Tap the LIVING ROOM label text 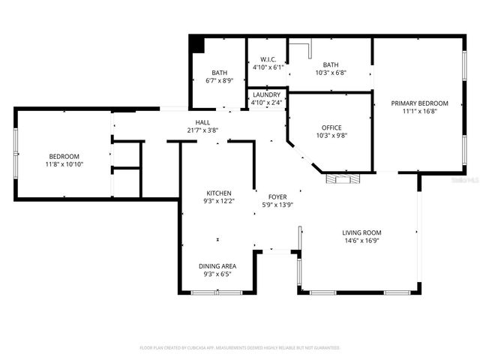pyautogui.click(x=362, y=232)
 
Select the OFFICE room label pyautogui.click(x=331, y=127)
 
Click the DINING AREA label pyautogui.click(x=217, y=266)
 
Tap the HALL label pyautogui.click(x=202, y=122)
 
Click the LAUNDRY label pyautogui.click(x=266, y=94)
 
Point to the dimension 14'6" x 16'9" pyautogui.click(x=362, y=241)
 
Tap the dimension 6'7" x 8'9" pyautogui.click(x=219, y=81)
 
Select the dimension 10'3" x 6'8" pyautogui.click(x=330, y=73)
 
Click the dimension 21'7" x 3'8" pyautogui.click(x=202, y=130)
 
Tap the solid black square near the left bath pyautogui.click(x=197, y=43)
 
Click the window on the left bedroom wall pyautogui.click(x=15, y=154)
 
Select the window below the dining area pyautogui.click(x=217, y=292)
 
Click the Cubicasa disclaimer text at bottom pyautogui.click(x=240, y=348)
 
